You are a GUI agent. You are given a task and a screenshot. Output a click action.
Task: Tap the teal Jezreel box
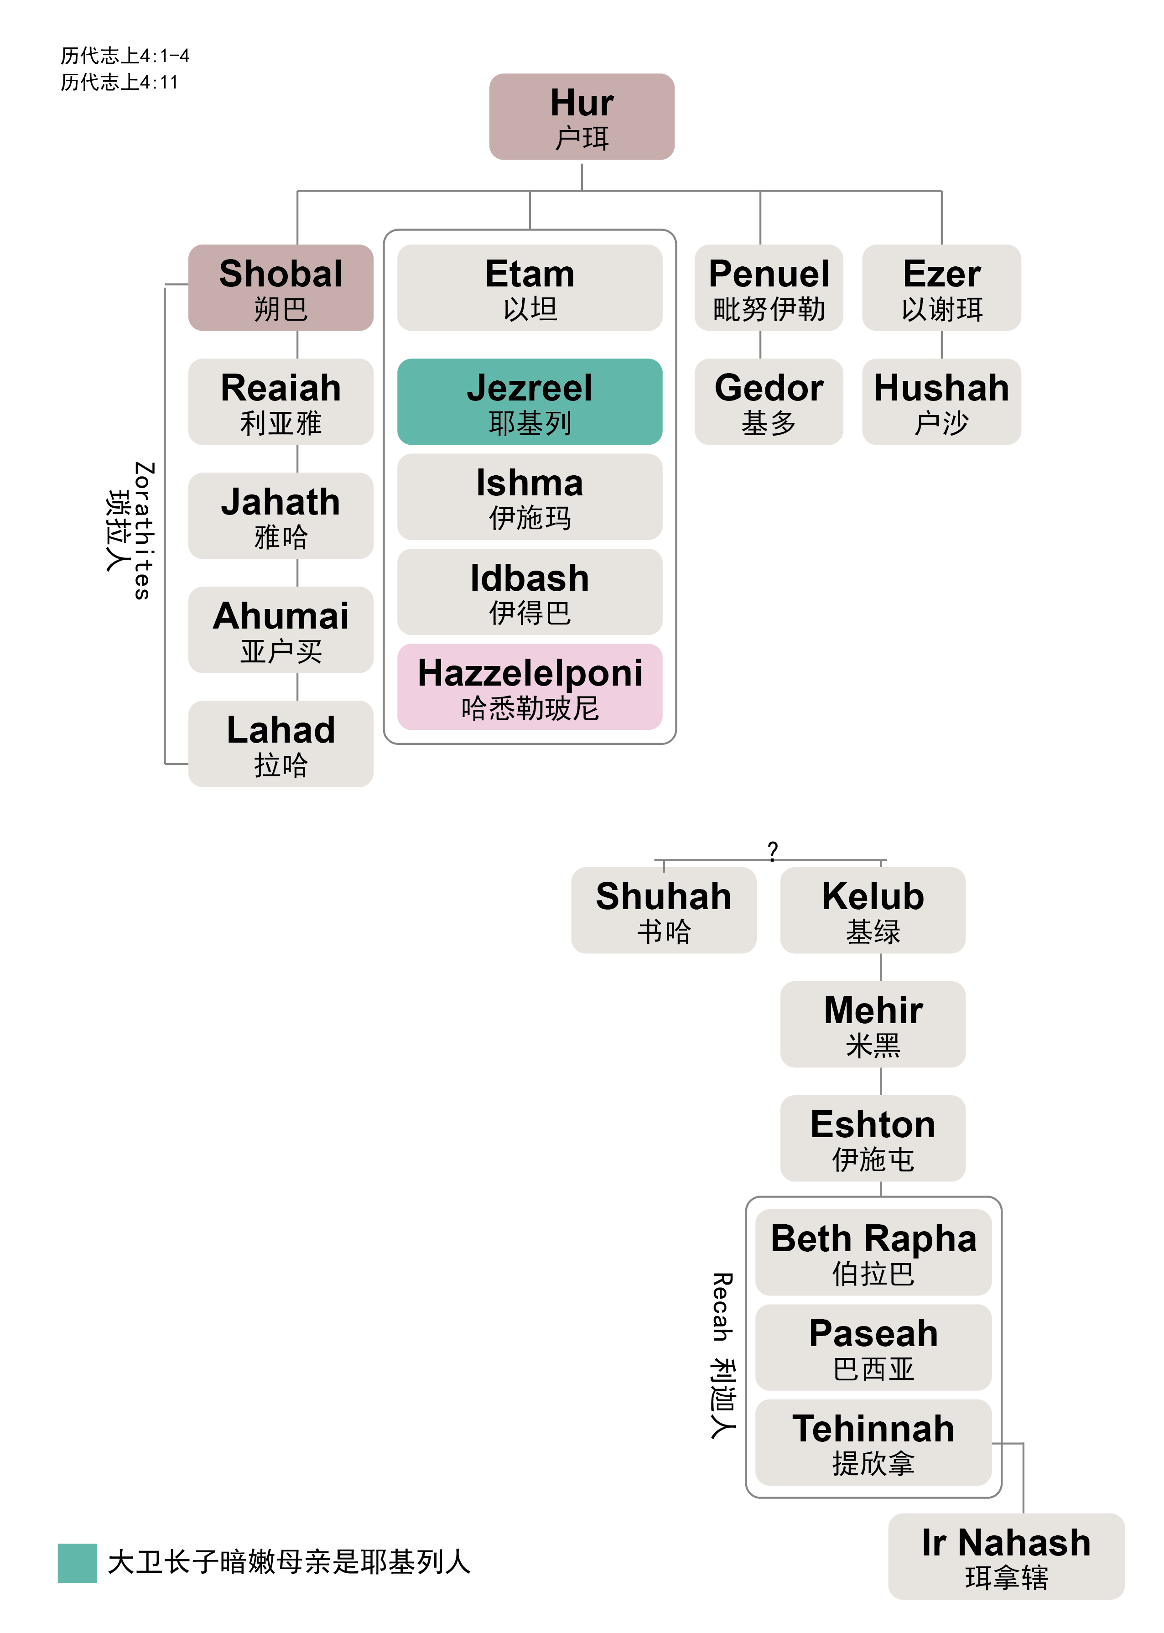tap(529, 401)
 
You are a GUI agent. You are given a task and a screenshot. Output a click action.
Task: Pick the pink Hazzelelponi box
tap(529, 687)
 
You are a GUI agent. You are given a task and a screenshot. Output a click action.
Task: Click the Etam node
tap(529, 287)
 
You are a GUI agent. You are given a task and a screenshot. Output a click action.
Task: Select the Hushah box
tap(941, 401)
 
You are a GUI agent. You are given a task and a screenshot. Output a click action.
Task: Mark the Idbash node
tap(529, 592)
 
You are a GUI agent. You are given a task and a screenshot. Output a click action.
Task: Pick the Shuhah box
tap(663, 910)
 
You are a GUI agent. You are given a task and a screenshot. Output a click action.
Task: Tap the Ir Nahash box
tap(1006, 1555)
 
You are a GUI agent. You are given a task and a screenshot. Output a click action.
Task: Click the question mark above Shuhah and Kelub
tap(772, 850)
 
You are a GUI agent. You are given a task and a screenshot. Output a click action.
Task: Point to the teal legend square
tap(77, 1563)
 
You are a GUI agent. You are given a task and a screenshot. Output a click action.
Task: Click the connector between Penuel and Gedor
tap(760, 345)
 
